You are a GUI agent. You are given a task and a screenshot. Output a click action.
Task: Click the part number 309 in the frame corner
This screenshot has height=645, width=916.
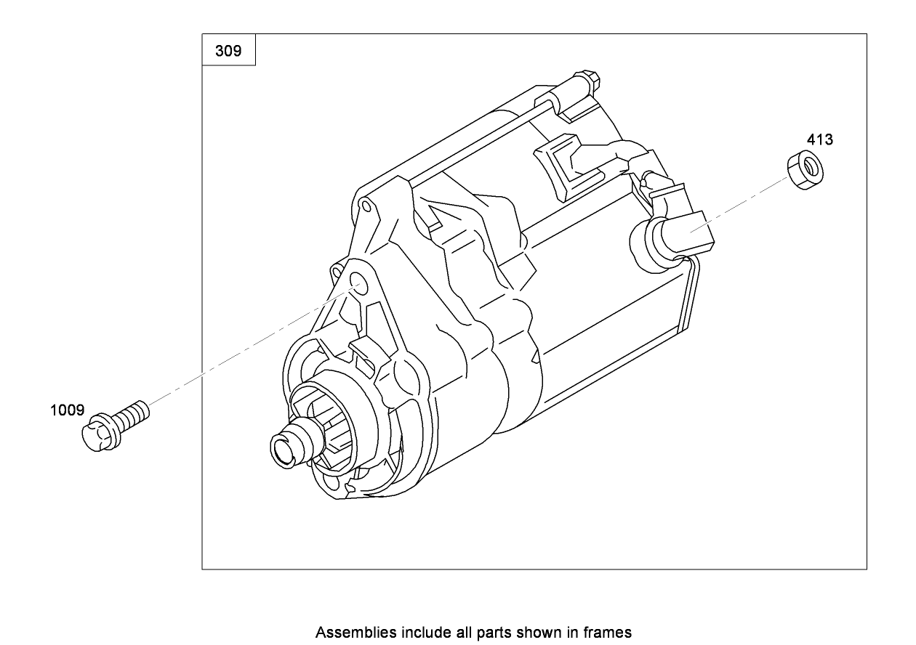click(228, 51)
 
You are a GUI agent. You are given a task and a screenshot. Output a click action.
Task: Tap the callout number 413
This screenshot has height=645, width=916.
click(819, 139)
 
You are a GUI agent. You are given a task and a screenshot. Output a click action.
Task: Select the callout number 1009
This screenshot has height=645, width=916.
click(67, 410)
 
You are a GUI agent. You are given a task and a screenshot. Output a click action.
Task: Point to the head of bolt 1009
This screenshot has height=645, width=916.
click(95, 434)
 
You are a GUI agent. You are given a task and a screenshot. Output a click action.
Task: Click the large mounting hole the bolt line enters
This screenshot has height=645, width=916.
click(358, 282)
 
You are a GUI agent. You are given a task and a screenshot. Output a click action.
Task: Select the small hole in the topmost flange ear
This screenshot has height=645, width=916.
click(367, 207)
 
